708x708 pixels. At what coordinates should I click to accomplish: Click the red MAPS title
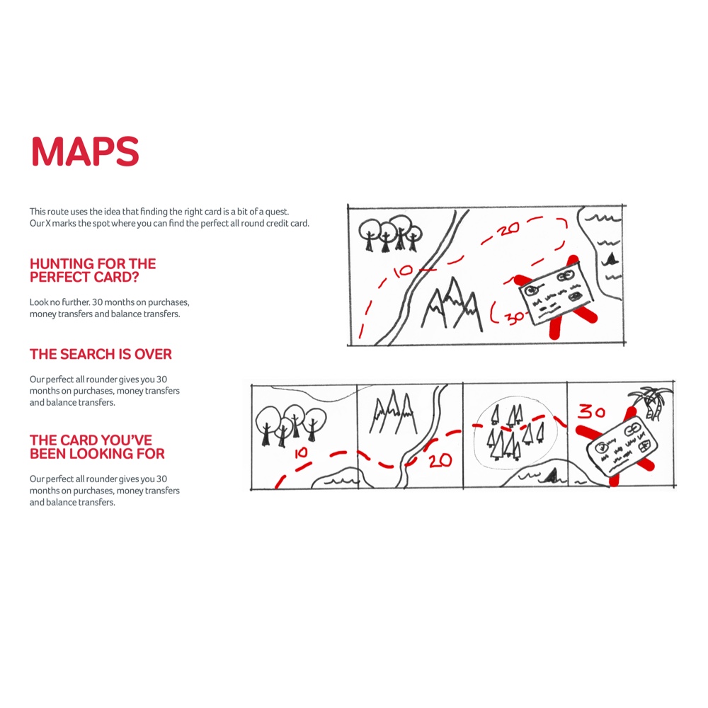(85, 152)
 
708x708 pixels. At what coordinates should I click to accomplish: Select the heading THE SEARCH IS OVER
(101, 355)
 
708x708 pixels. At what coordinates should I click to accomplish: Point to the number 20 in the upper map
(508, 229)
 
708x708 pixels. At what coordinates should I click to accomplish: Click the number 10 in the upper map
(403, 271)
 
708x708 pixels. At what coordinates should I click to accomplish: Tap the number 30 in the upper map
(514, 317)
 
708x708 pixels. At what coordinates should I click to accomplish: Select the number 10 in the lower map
(301, 453)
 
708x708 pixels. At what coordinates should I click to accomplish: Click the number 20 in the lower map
(440, 461)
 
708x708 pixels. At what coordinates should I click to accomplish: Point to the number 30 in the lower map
(592, 412)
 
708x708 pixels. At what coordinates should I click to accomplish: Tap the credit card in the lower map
(622, 445)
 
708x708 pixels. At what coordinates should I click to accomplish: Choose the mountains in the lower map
(393, 412)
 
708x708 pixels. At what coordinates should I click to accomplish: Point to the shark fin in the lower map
(552, 476)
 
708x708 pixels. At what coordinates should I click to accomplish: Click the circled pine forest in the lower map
(515, 433)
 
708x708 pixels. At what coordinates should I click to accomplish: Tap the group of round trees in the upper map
(390, 232)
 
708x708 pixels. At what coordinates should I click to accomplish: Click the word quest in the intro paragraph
(277, 212)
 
